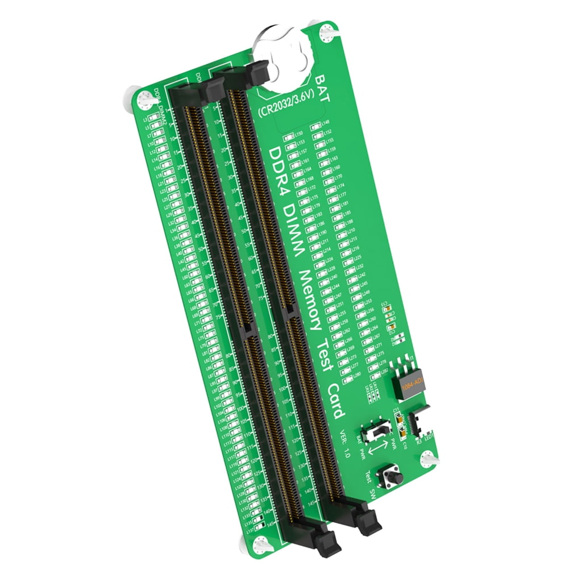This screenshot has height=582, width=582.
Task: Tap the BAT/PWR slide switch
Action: (x=377, y=430)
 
